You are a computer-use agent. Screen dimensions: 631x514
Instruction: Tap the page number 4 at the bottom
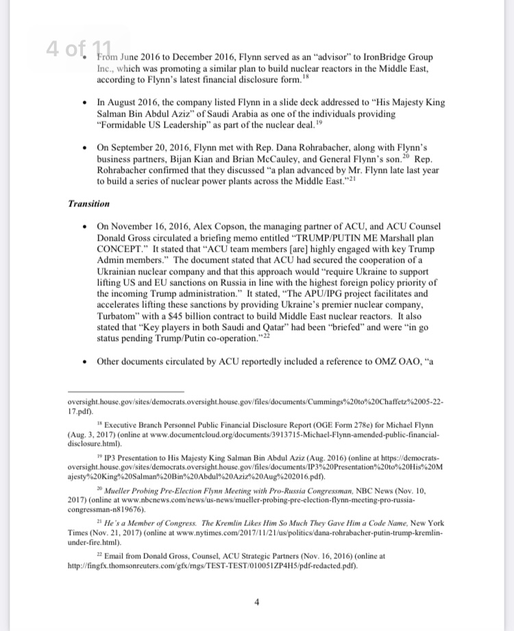point(256,602)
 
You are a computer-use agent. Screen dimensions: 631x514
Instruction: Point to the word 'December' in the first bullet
point(181,58)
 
